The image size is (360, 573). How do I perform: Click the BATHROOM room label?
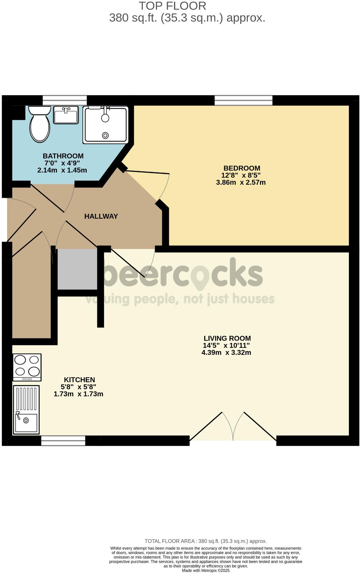pyautogui.click(x=63, y=156)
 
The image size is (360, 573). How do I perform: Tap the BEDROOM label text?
pyautogui.click(x=242, y=168)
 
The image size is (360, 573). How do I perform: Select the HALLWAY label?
pyautogui.click(x=101, y=216)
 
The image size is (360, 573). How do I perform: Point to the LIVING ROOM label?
pyautogui.click(x=227, y=338)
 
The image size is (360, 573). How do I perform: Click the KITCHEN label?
pyautogui.click(x=79, y=380)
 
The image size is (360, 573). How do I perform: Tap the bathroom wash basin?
pyautogui.click(x=66, y=115)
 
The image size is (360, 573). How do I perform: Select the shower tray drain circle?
pyautogui.click(x=105, y=135)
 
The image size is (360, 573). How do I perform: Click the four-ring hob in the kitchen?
pyautogui.click(x=27, y=367)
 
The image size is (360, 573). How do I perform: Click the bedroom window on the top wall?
pyautogui.click(x=243, y=100)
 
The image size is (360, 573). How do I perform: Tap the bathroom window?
pyautogui.click(x=65, y=100)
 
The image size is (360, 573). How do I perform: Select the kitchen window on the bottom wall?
pyautogui.click(x=63, y=441)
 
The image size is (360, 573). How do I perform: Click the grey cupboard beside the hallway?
pyautogui.click(x=77, y=269)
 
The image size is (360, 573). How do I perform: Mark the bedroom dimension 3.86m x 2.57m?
pyautogui.click(x=241, y=182)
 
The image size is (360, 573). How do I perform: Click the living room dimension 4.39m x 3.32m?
pyautogui.click(x=226, y=353)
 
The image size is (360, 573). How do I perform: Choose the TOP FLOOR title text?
pyautogui.click(x=172, y=6)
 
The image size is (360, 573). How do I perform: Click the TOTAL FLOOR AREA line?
pyautogui.click(x=206, y=541)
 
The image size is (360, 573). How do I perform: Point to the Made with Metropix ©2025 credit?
pyautogui.click(x=206, y=570)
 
